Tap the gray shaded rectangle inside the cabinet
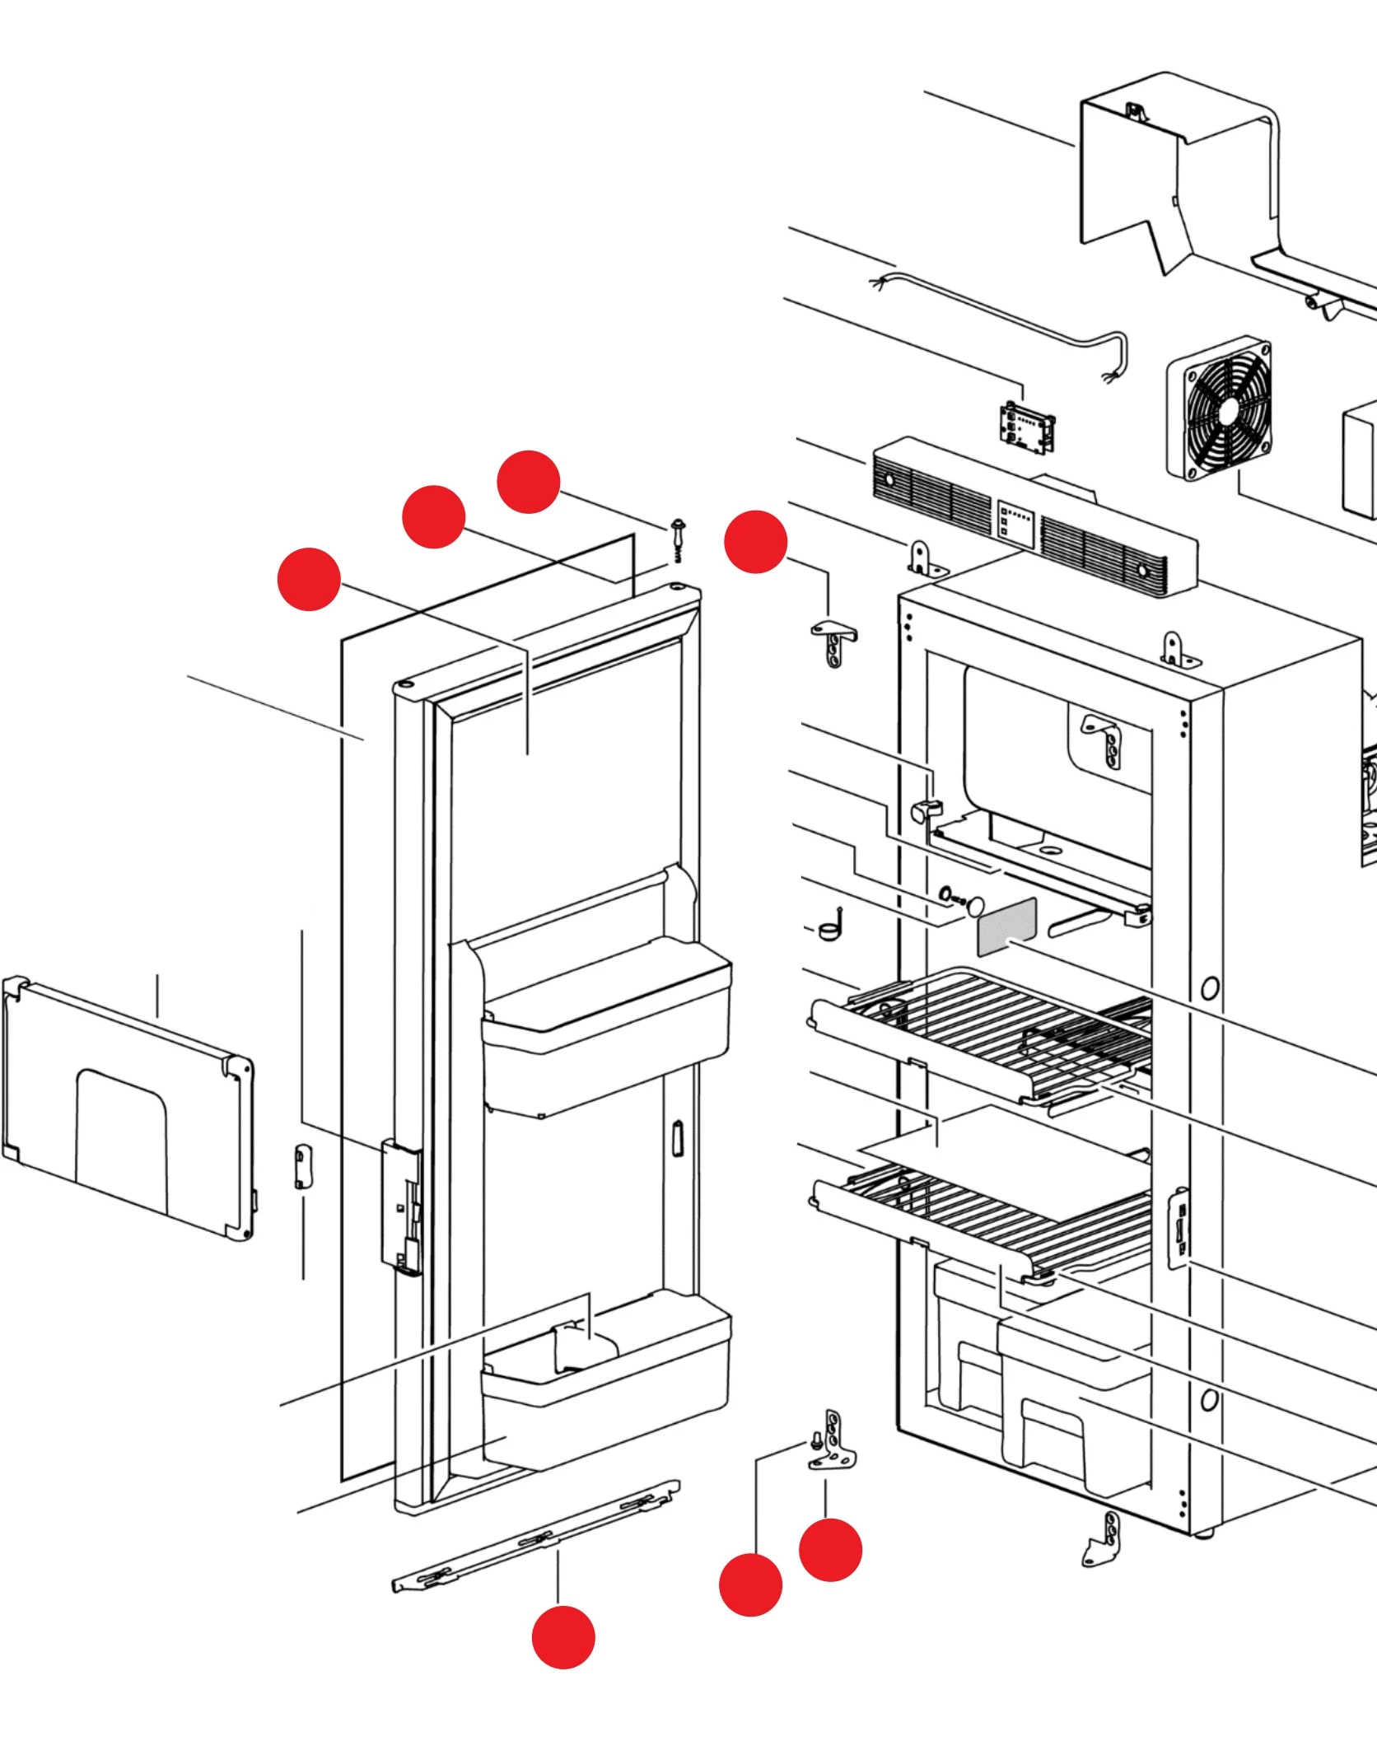click(x=1006, y=926)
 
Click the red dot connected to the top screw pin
click(x=529, y=482)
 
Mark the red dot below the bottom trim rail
click(x=563, y=1637)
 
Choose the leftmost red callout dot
click(x=309, y=579)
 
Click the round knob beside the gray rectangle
click(x=975, y=905)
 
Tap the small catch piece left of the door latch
click(x=301, y=1166)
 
